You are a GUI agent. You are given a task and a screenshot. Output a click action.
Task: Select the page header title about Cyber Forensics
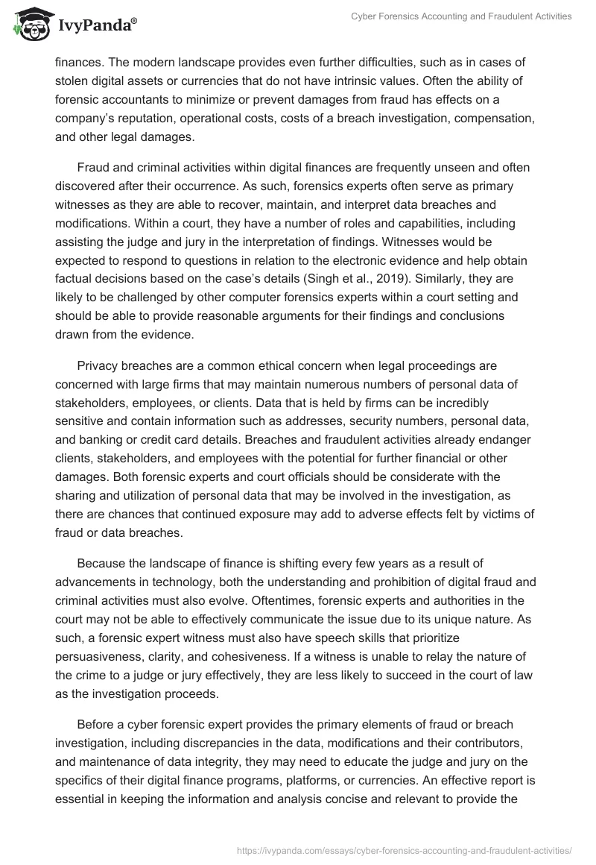[x=462, y=16]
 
